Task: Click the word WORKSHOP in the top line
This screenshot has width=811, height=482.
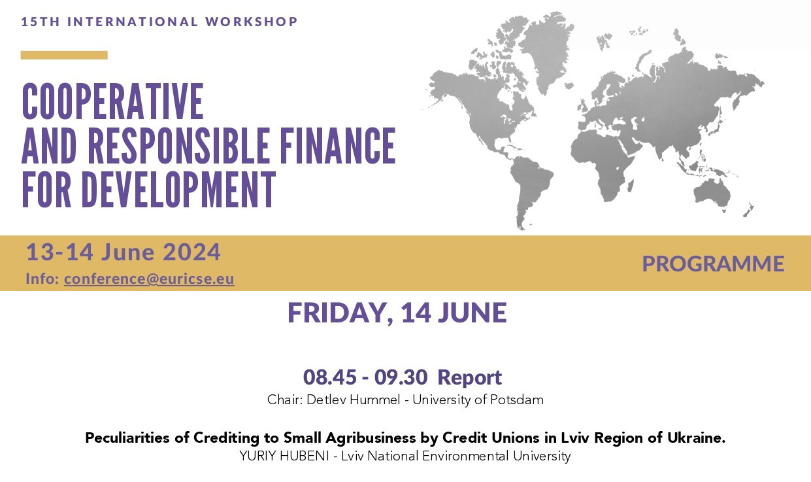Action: pyautogui.click(x=251, y=22)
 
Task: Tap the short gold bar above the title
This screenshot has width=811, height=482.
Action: pyautogui.click(x=64, y=55)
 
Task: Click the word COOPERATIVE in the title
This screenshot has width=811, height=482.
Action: pyautogui.click(x=112, y=101)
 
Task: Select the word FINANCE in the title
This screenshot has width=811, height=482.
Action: pyautogui.click(x=338, y=146)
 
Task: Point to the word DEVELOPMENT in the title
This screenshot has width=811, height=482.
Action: pyautogui.click(x=178, y=189)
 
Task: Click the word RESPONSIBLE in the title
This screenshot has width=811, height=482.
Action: pyautogui.click(x=178, y=146)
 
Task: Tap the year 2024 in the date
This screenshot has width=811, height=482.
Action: pyautogui.click(x=191, y=252)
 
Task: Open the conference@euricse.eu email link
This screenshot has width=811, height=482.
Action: pyautogui.click(x=149, y=279)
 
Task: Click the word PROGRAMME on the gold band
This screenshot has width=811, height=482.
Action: pyautogui.click(x=713, y=264)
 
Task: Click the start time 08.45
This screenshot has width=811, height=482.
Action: pyautogui.click(x=330, y=377)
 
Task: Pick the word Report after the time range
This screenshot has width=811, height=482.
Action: pyautogui.click(x=470, y=377)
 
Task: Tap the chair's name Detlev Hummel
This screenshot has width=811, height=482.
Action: pyautogui.click(x=354, y=400)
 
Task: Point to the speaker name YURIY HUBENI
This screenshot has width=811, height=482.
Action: pyautogui.click(x=284, y=456)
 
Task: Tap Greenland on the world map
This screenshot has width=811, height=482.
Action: pyautogui.click(x=545, y=51)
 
